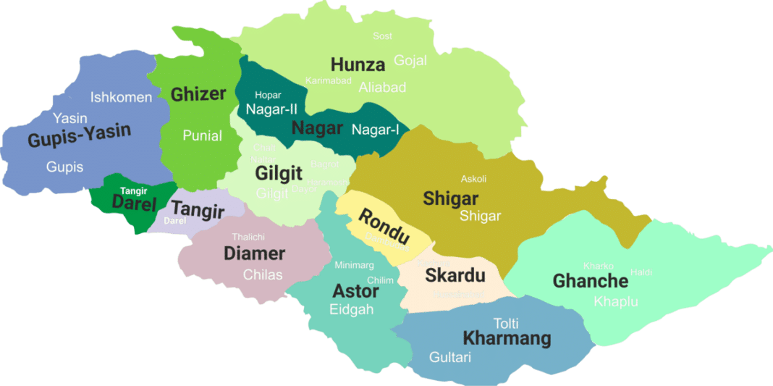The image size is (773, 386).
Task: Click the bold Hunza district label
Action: [358, 64]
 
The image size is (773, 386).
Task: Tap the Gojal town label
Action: [410, 60]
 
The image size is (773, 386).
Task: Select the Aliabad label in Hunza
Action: [382, 87]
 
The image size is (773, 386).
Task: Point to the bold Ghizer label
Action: [198, 93]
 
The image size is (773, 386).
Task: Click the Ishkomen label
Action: [122, 97]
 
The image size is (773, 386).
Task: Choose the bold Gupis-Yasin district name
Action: [79, 136]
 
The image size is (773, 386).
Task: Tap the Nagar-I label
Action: [376, 130]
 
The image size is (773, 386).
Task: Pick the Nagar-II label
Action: [271, 109]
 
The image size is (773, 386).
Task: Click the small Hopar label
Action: [268, 95]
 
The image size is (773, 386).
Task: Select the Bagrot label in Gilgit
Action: [324, 164]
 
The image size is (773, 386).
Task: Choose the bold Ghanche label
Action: [590, 280]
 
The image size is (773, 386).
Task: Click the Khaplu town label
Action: [615, 301]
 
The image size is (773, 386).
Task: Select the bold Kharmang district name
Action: [507, 337]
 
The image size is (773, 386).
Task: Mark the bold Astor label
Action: [355, 291]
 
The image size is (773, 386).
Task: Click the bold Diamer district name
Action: [254, 253]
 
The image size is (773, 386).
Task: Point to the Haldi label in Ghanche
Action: [641, 272]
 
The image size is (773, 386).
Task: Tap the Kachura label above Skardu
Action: [434, 263]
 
